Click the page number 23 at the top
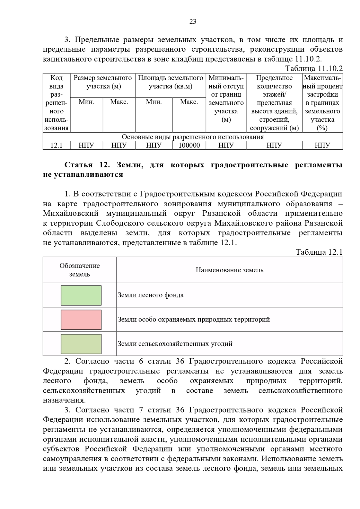193,22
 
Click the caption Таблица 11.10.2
313,69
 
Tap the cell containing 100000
189,145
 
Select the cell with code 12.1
56,145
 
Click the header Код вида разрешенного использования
56,103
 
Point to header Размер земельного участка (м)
103,82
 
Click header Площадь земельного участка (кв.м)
170,82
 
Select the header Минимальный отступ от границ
226,99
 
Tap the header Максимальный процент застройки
322,103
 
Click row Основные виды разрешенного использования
193,137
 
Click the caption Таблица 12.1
319,252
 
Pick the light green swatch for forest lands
81,295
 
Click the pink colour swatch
81,320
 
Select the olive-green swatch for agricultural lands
81,344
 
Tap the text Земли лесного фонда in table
151,295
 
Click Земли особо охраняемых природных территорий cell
193,319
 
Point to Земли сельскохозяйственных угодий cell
175,344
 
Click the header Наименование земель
229,270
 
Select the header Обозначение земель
79,270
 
